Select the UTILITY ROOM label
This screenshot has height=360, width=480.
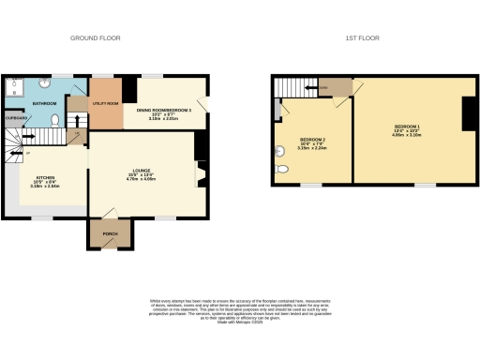tap(105, 103)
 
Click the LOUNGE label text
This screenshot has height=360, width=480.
tap(141, 170)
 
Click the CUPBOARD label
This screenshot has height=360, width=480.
tap(16, 118)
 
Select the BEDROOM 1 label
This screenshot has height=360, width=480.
tap(408, 126)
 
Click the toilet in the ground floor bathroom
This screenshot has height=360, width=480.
tap(55, 119)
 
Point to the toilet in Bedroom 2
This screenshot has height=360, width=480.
tap(281, 170)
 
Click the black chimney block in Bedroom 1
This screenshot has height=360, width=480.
tap(466, 113)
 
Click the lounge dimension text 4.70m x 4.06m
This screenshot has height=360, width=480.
tap(141, 179)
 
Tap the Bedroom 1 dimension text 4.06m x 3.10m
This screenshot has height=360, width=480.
tap(408, 134)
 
